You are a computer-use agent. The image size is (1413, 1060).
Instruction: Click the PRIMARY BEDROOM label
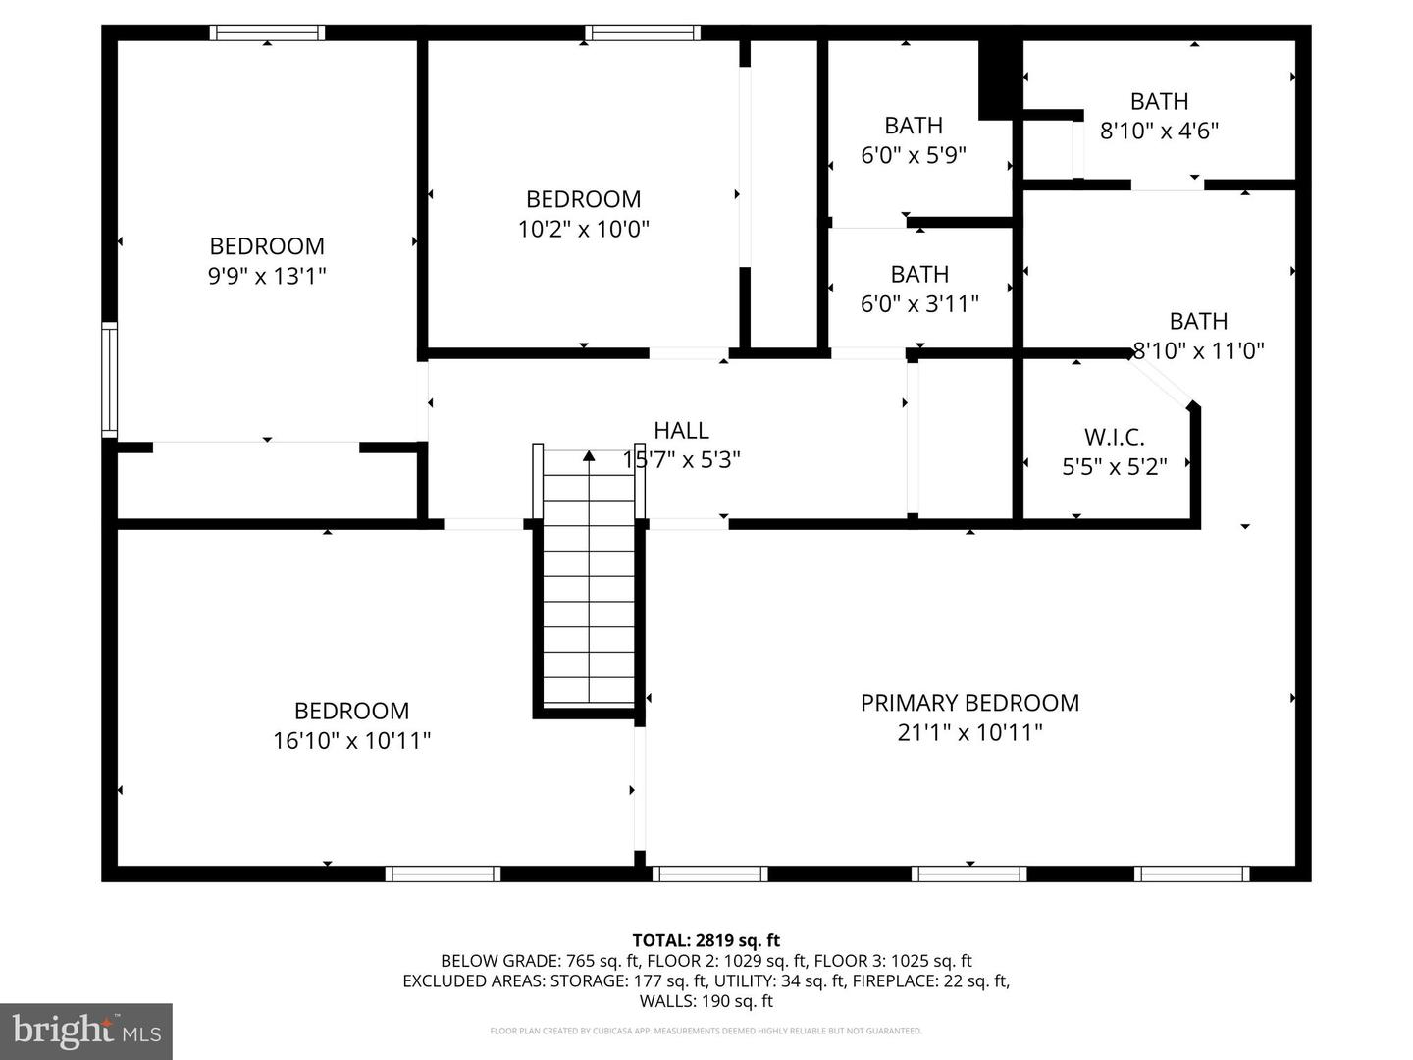click(x=969, y=702)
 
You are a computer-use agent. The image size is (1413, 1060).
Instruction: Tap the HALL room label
click(x=681, y=430)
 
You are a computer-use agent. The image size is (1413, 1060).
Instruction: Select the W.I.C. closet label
click(x=1115, y=437)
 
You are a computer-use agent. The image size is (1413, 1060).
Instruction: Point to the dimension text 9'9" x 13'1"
click(x=267, y=276)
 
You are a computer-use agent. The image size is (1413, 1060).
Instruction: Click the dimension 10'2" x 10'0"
click(x=583, y=229)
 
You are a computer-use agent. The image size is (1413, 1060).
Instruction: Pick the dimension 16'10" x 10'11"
click(x=351, y=740)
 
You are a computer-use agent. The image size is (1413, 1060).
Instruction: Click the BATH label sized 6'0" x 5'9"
click(x=914, y=125)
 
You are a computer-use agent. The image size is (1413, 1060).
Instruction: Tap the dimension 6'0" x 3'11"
click(x=919, y=303)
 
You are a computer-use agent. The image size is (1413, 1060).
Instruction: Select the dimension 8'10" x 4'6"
click(x=1159, y=131)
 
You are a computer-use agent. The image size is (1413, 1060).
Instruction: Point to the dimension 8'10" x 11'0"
click(x=1199, y=350)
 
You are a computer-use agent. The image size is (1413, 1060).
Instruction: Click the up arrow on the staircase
click(x=589, y=455)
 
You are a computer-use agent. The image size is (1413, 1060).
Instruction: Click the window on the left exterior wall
click(x=110, y=380)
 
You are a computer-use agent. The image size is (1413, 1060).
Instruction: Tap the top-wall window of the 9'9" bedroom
click(x=267, y=32)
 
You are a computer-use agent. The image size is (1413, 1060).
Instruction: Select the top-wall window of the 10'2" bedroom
click(x=643, y=32)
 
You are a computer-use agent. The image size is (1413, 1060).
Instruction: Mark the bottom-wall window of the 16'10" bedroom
click(x=443, y=874)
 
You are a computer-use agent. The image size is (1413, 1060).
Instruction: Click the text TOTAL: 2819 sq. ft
click(x=706, y=940)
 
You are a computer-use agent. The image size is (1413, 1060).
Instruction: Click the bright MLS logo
click(x=86, y=1031)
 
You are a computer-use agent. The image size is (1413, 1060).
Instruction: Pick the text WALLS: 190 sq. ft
click(x=706, y=1001)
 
